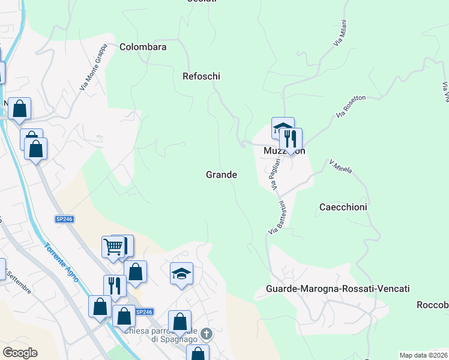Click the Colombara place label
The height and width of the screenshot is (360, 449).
pos(143,47)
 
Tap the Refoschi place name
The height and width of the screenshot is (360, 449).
pos(202,76)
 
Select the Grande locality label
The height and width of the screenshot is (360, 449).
pos(221,175)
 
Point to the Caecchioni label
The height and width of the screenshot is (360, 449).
pos(343,206)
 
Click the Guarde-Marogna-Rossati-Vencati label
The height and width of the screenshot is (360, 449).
pos(337,289)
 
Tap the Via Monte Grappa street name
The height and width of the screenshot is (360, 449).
pos(93,67)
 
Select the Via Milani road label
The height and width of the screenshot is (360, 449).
pos(340,36)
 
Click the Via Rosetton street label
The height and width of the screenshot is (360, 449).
pos(351,106)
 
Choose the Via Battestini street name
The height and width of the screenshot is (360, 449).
pos(278,218)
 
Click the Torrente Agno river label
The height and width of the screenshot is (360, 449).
pos(61,266)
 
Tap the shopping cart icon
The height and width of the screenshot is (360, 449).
pos(113,247)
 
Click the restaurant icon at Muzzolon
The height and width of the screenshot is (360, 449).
pos(291,139)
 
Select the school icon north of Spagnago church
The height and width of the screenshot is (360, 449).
pos(181,274)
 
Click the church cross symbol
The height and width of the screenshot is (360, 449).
pos(206,333)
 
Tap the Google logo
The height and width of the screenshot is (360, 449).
pos(20,353)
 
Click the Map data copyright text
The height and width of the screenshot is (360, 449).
pos(423,355)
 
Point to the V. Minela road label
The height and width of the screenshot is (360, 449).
pos(340,166)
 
